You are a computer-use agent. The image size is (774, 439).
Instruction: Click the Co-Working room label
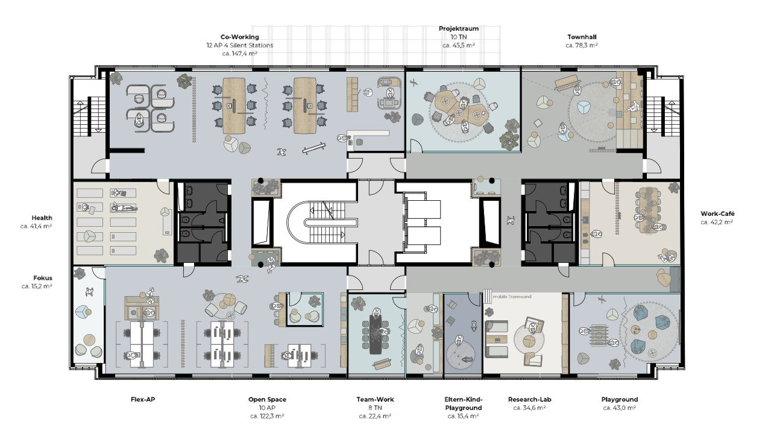point(239,37)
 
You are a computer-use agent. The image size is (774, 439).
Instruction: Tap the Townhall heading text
point(582,37)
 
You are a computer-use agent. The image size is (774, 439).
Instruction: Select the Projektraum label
point(459,29)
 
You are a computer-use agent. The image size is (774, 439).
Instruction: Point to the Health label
point(42,218)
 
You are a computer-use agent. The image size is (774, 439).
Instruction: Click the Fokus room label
point(43,278)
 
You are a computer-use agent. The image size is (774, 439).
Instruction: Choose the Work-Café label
point(717,213)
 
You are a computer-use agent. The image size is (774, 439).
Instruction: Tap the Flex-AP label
point(143,399)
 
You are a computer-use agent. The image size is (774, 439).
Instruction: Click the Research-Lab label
point(529,399)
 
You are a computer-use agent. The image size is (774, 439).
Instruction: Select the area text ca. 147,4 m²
point(239,54)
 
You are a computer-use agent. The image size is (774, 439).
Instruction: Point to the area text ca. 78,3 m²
point(582,45)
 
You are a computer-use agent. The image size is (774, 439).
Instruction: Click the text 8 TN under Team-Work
point(375,408)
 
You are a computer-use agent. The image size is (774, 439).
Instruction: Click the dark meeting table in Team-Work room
point(376,334)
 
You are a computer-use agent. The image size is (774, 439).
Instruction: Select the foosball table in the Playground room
point(598,335)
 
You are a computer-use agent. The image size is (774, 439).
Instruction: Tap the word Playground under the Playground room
point(619,399)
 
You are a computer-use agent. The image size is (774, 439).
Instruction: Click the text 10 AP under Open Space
point(267,408)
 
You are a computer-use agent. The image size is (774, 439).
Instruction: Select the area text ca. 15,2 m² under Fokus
point(37,286)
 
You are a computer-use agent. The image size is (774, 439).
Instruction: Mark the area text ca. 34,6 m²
point(529,408)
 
